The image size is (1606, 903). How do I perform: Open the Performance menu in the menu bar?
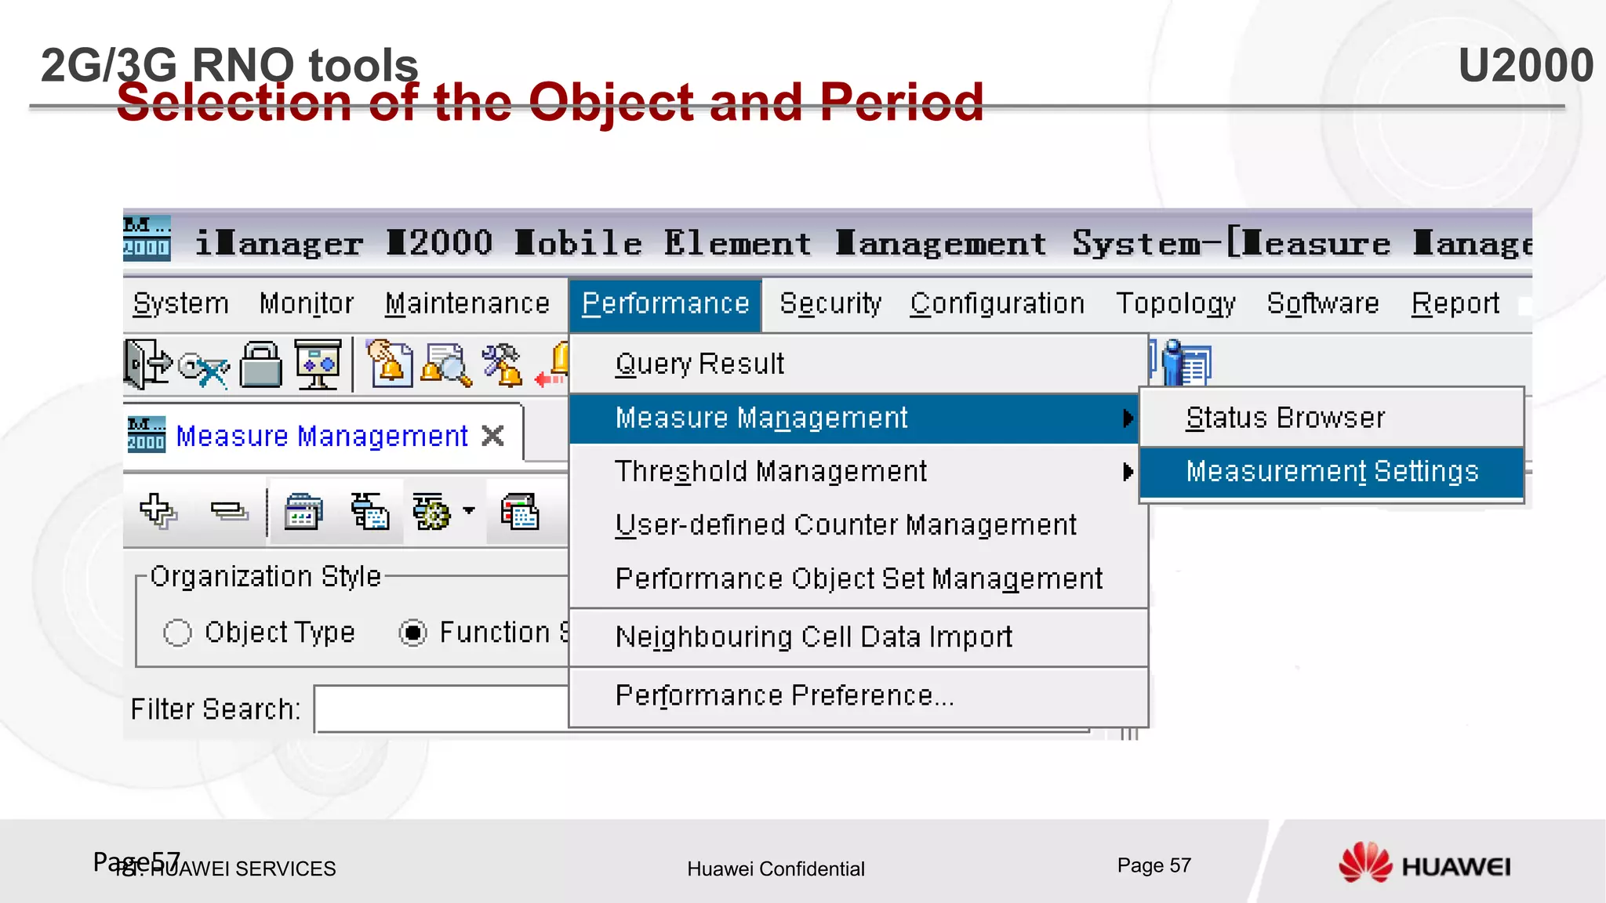[x=665, y=304]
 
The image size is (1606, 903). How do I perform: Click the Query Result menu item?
[x=699, y=364]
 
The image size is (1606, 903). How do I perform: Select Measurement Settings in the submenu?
[x=1332, y=472]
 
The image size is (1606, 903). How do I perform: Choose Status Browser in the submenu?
[x=1285, y=418]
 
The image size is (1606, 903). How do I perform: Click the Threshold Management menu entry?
[x=771, y=472]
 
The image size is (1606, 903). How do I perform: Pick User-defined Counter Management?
[x=845, y=525]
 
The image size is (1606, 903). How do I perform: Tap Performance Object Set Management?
[x=859, y=579]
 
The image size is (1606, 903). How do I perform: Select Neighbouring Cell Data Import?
[x=813, y=637]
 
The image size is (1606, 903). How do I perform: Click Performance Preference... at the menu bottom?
[x=784, y=696]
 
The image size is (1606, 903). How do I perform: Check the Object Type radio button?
[x=178, y=633]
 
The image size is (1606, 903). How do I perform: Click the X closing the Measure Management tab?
[x=492, y=436]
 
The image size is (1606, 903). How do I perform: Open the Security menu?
[x=830, y=304]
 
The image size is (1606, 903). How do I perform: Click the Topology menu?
[x=1175, y=304]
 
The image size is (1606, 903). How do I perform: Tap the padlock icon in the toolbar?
[x=260, y=364]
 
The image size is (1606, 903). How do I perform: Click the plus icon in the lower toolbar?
[x=158, y=512]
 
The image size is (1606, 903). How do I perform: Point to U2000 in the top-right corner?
[x=1525, y=65]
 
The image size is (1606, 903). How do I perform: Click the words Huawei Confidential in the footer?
[x=776, y=869]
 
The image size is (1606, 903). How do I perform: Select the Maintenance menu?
[x=467, y=304]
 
